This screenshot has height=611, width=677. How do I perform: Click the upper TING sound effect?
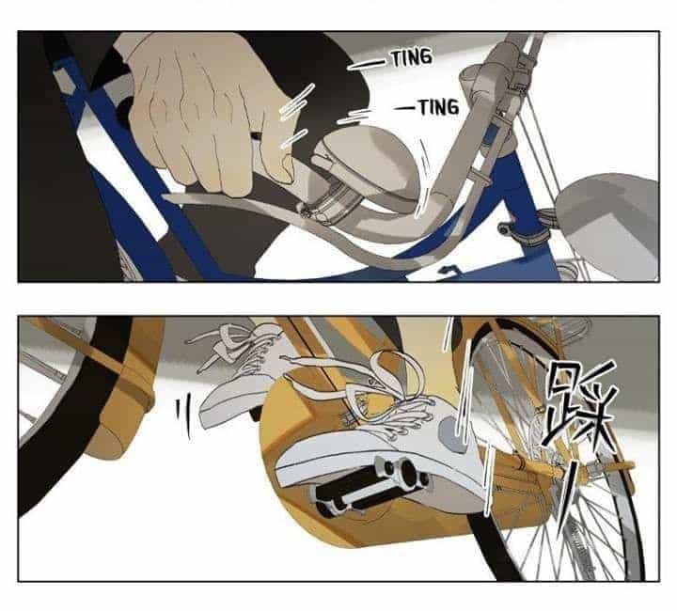pyautogui.click(x=412, y=58)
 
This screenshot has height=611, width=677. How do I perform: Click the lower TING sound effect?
pyautogui.click(x=439, y=107)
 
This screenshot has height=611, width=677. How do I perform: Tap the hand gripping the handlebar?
pyautogui.click(x=207, y=112)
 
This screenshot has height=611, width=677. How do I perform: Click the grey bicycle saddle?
pyautogui.click(x=608, y=225)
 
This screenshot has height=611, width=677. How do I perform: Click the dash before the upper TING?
pyautogui.click(x=367, y=65)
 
